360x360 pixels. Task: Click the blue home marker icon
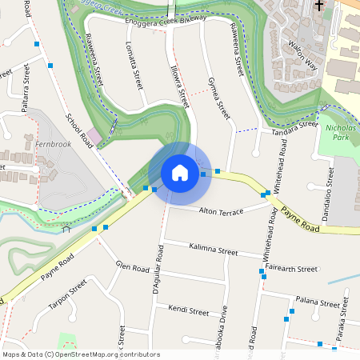180,172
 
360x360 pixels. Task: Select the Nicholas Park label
342,132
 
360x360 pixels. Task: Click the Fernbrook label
54,145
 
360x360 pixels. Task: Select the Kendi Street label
188,308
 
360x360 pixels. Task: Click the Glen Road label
133,267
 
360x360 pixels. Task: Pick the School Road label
81,131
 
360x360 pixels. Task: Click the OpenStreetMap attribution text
81,354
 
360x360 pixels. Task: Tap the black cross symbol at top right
320,5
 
